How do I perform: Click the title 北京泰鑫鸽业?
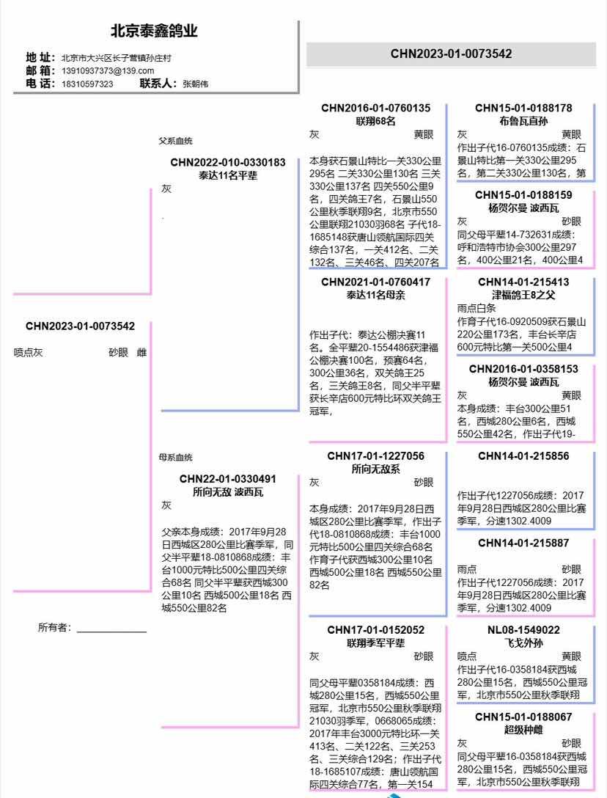coord(154,31)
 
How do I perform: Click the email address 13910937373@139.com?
coord(108,70)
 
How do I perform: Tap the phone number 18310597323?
coord(87,84)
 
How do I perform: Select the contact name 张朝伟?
coord(196,84)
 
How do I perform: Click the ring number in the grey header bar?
coord(452,54)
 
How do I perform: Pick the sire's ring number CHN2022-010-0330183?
coord(228,162)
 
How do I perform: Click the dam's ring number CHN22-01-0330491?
coord(228,479)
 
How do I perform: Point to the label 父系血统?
coord(175,141)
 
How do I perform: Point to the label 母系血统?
coord(175,458)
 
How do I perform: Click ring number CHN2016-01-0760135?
coord(375,108)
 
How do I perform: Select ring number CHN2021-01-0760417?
coord(375,282)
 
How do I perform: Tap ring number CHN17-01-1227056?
coord(375,456)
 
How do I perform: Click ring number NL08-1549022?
coord(523,630)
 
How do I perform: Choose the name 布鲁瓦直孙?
coord(523,121)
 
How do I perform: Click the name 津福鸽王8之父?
coord(523,295)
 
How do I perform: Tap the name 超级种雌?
coord(523,730)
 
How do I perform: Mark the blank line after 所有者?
coord(112,632)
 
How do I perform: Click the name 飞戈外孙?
coord(523,643)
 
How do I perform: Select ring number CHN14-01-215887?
coord(523,543)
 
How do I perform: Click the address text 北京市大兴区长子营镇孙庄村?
coord(117,58)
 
